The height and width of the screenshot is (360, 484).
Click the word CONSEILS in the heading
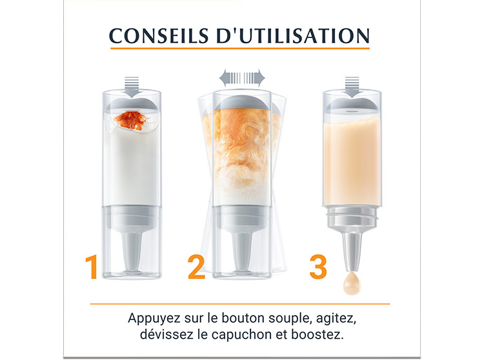(x=159, y=35)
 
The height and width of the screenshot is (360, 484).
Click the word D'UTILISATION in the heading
(x=292, y=35)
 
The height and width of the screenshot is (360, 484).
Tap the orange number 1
(x=92, y=267)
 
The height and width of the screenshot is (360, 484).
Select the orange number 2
(x=196, y=267)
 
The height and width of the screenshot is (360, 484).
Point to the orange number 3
(x=318, y=267)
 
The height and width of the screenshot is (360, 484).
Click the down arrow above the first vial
(x=132, y=87)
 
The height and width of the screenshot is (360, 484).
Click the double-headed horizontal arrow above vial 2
(x=242, y=77)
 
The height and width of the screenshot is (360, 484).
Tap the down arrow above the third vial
(x=352, y=87)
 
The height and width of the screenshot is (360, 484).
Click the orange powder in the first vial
(x=132, y=120)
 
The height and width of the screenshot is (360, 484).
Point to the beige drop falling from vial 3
(x=352, y=283)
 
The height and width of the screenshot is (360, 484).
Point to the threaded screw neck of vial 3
(x=352, y=216)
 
